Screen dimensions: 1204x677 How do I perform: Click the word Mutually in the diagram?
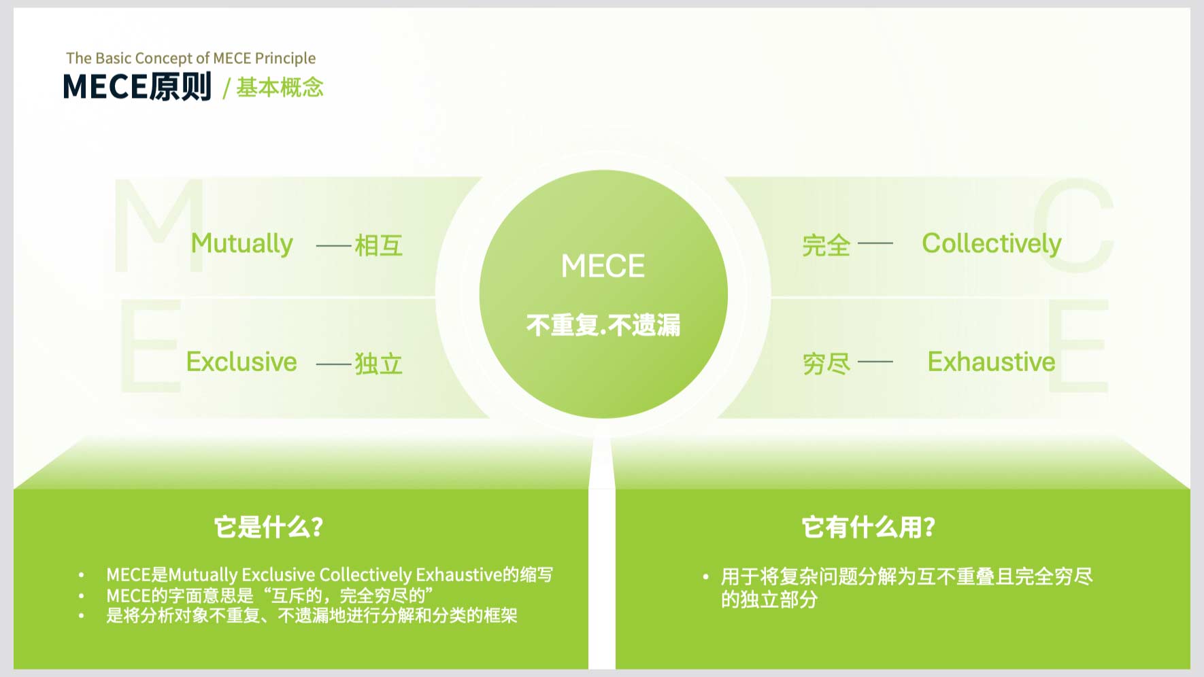point(241,244)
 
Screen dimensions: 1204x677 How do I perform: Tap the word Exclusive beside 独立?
point(241,362)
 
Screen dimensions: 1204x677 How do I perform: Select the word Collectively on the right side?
point(991,244)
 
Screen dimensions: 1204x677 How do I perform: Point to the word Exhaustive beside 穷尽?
point(991,362)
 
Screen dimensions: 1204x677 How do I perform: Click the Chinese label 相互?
point(379,245)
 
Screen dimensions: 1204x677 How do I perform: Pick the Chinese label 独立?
point(379,364)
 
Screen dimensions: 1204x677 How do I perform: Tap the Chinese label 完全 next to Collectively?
point(826,245)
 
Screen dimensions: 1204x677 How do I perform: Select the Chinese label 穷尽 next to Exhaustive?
point(826,364)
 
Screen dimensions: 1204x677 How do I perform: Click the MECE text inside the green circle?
point(603,266)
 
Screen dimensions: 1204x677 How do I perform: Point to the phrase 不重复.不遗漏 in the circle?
point(603,325)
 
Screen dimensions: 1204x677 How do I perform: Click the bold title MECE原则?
point(137,87)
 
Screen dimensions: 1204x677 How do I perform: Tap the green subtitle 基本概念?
point(280,87)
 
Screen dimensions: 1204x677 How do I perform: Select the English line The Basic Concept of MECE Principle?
point(191,58)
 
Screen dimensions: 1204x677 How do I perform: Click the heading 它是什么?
point(269,527)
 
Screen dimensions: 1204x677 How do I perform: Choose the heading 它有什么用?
point(869,527)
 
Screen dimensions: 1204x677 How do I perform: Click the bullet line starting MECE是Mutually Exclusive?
point(329,575)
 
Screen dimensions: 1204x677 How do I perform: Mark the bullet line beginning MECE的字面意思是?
point(270,595)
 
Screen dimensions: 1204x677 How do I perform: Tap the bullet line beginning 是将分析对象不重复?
point(312,616)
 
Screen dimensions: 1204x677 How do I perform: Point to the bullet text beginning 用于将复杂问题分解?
point(907,588)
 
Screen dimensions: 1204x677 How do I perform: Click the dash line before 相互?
point(334,245)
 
